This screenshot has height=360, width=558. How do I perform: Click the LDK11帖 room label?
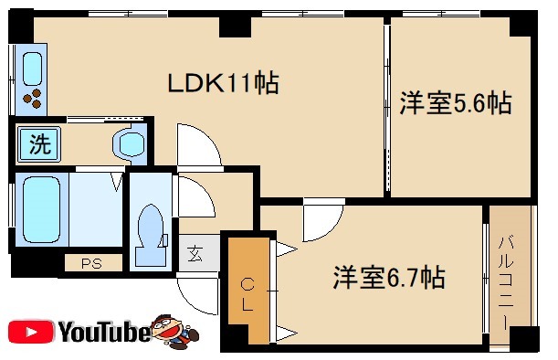[x=222, y=84]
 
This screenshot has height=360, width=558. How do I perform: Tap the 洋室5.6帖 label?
[x=454, y=104]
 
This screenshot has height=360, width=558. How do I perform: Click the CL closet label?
[x=247, y=295]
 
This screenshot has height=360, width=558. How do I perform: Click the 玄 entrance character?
[x=197, y=253]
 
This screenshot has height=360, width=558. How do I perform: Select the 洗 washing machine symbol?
[x=38, y=143]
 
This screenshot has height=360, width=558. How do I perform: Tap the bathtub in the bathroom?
[x=40, y=207]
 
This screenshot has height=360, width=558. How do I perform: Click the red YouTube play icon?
[x=29, y=331]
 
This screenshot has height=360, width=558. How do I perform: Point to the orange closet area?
[x=247, y=289]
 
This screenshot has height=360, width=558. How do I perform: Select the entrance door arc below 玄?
[x=196, y=290]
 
